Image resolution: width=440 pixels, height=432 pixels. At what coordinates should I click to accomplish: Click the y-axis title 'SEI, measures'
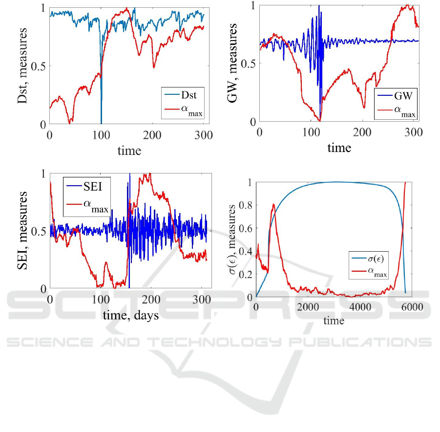[x=22, y=232]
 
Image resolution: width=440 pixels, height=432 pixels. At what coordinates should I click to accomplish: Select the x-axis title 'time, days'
[x=130, y=315]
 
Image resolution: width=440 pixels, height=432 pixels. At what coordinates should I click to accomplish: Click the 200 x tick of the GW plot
[x=362, y=133]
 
